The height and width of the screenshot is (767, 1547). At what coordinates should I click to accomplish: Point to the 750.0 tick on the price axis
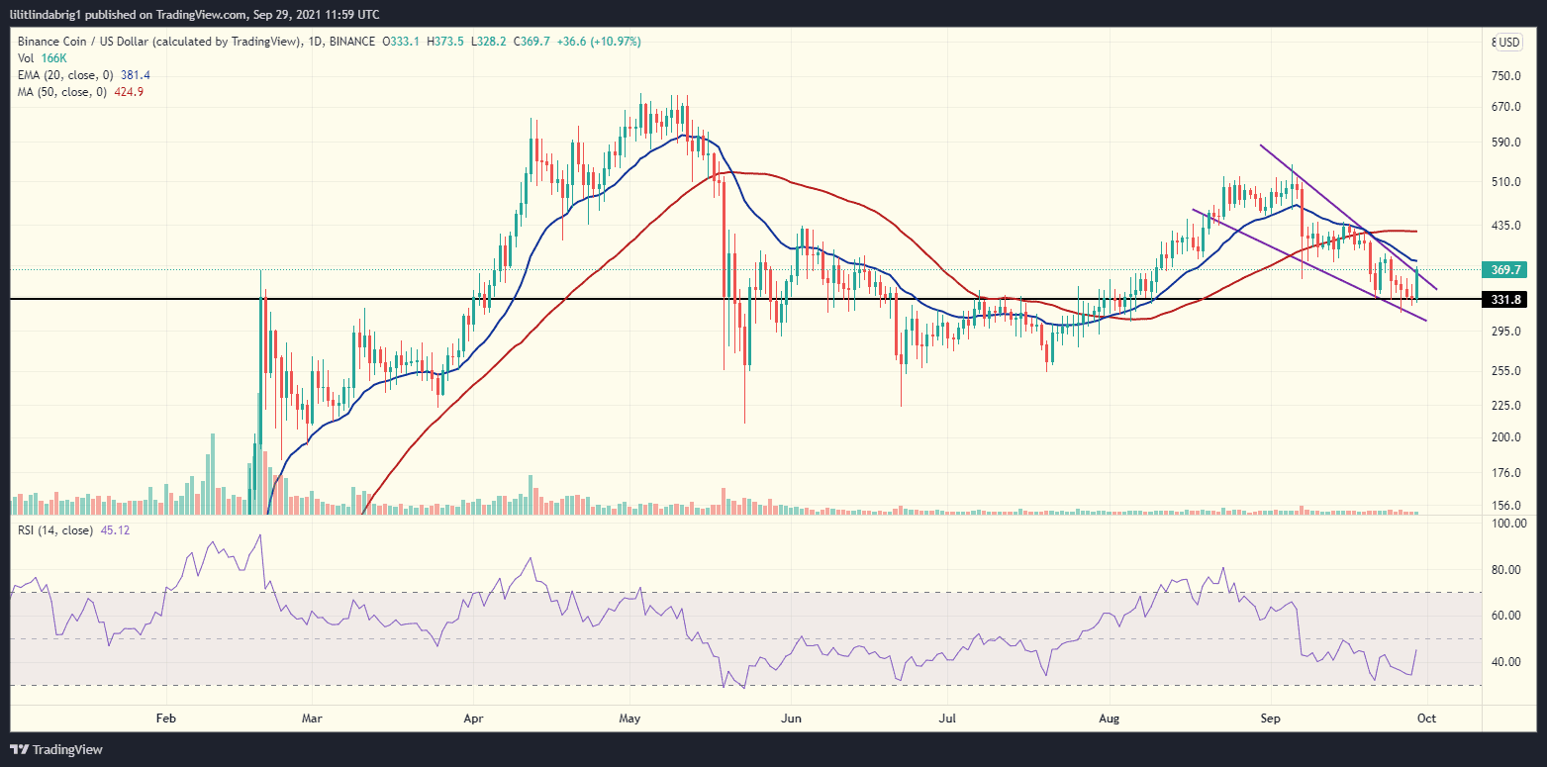coord(1505,76)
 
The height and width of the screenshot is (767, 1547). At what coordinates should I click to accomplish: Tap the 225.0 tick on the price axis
coord(1505,406)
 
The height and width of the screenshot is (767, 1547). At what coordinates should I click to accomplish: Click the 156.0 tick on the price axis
coord(1505,506)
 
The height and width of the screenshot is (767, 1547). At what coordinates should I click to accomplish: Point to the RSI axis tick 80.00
coord(1505,570)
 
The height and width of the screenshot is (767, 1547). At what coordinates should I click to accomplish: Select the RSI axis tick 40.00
coord(1505,662)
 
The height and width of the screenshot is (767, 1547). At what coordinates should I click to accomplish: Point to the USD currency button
coord(1507,43)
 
